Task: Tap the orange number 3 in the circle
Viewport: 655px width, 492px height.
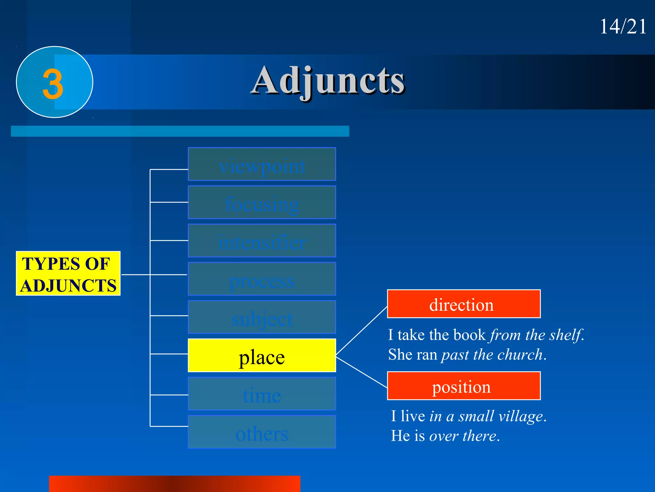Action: tap(53, 84)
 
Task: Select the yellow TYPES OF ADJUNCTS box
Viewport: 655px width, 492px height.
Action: tap(68, 274)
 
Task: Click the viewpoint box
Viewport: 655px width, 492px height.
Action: tap(262, 164)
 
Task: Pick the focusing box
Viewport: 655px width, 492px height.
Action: tap(262, 202)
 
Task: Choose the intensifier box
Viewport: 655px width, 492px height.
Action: tap(262, 241)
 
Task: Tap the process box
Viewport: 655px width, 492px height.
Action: tap(262, 279)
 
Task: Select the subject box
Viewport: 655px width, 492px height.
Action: tap(262, 317)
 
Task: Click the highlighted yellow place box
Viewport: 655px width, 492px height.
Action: tap(262, 356)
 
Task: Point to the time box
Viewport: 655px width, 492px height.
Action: tap(262, 394)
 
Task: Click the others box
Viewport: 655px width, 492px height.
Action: tap(262, 432)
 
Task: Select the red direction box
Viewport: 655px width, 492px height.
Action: tap(464, 304)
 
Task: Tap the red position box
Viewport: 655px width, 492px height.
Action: tap(464, 386)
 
